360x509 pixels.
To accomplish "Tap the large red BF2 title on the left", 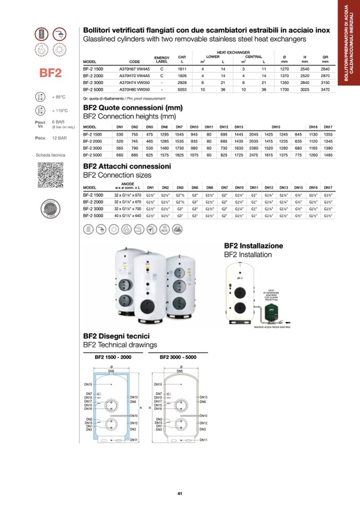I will [50, 73].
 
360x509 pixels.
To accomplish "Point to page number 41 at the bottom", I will [180, 494].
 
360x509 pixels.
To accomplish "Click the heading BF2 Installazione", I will [253, 246].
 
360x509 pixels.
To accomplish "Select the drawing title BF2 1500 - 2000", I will [113, 357].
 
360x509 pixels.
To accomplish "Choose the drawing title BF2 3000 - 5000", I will [178, 357].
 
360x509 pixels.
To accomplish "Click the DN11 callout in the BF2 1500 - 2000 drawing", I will [134, 440].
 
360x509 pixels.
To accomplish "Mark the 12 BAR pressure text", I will [59, 138].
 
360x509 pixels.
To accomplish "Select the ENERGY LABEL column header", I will [161, 59].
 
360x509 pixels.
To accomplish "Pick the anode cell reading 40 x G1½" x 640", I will [127, 216].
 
